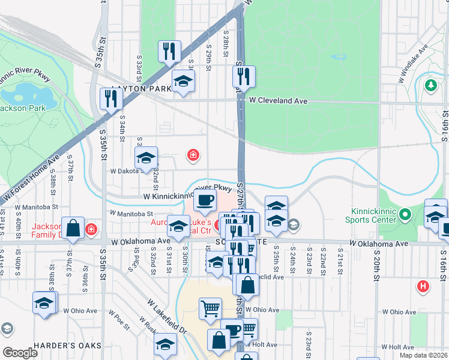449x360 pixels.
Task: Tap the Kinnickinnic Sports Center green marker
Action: [405, 214]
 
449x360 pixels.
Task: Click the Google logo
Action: [20, 353]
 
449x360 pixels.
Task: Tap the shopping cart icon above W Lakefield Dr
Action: [210, 308]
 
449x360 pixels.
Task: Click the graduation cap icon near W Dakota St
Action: [146, 158]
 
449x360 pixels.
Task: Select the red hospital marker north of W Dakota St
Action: [193, 155]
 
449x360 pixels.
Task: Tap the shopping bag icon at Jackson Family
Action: [73, 228]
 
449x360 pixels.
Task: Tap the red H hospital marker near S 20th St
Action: [424, 286]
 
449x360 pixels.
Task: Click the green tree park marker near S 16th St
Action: [430, 86]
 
